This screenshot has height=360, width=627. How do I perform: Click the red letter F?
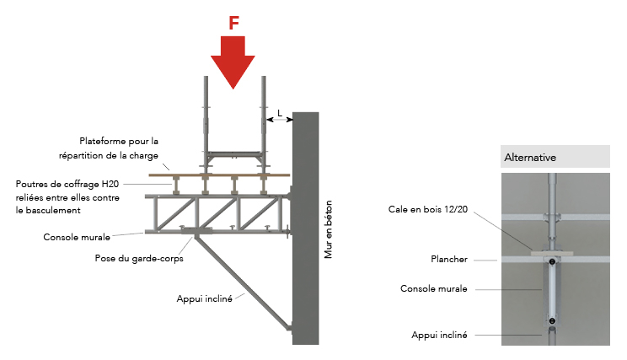[x=233, y=23]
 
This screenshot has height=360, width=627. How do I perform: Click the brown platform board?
[x=219, y=175]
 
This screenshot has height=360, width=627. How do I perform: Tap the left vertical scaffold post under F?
[x=204, y=118]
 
